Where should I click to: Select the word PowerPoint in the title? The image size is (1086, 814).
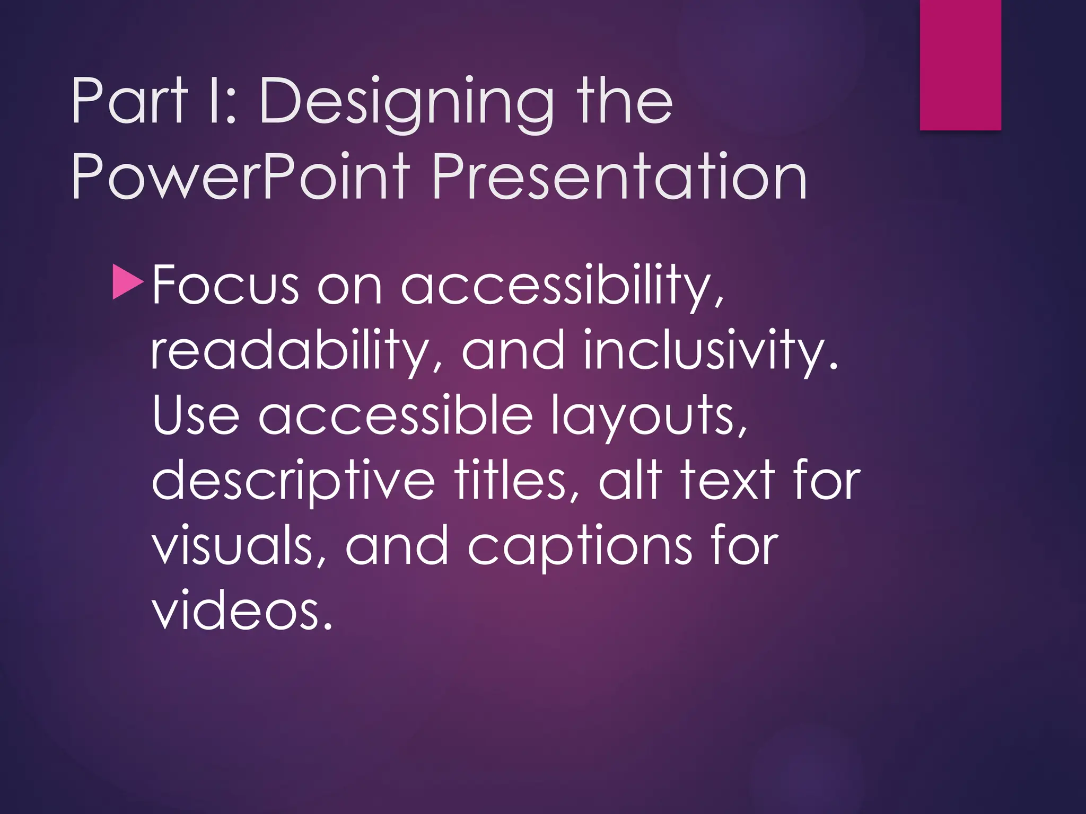[241, 176]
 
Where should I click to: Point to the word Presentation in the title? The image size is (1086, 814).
[619, 176]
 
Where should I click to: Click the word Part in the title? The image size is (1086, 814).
[130, 101]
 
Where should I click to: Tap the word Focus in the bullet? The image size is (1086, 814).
[225, 286]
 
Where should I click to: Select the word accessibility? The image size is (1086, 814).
[562, 286]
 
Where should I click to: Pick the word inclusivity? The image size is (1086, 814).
[711, 351]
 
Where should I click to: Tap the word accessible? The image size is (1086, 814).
[395, 416]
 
